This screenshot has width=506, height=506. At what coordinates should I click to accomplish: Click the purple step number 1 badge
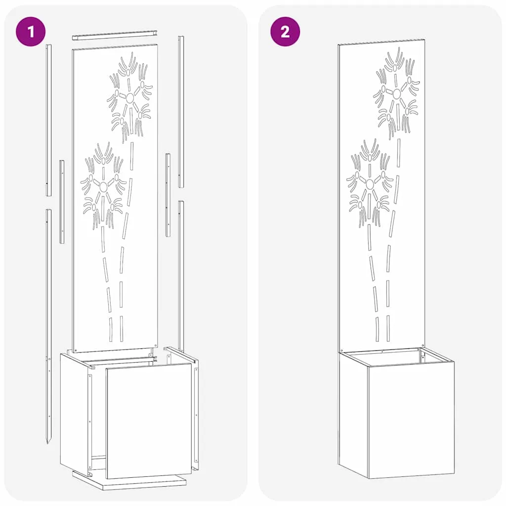tap(31, 32)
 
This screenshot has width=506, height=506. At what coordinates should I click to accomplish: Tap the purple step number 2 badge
tap(285, 32)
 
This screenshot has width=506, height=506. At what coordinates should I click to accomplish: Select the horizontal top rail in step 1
tap(115, 35)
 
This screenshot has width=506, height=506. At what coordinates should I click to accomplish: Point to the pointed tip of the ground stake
tap(48, 443)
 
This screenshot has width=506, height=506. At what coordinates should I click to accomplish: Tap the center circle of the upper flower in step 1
tap(130, 98)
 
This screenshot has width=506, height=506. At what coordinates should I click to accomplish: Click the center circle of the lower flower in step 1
tap(103, 186)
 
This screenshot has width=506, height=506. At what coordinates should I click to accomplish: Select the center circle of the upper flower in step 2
tap(397, 93)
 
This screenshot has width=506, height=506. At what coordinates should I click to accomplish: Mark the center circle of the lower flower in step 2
tap(370, 184)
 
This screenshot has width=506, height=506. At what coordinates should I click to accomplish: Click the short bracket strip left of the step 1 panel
tap(62, 202)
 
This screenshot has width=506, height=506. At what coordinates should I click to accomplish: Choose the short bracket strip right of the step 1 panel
tap(168, 195)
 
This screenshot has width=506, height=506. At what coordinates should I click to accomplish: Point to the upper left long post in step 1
tap(48, 120)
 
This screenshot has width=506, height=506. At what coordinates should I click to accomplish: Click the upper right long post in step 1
tap(181, 112)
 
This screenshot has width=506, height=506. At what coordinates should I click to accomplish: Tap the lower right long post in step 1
tap(181, 276)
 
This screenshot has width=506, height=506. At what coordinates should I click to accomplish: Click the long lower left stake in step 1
tap(48, 327)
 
